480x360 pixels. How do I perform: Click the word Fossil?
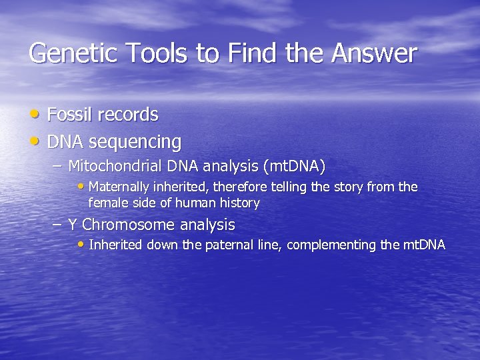coord(69,115)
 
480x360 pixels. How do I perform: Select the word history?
coord(239,202)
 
